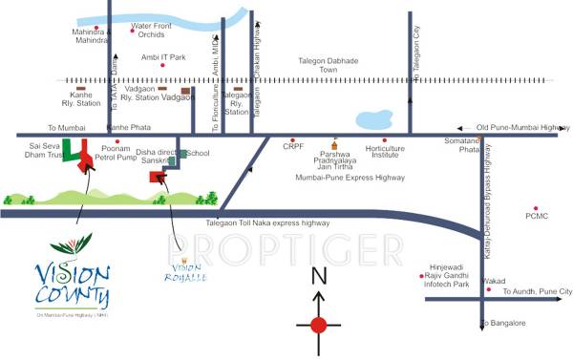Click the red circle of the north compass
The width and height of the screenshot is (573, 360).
(319, 325)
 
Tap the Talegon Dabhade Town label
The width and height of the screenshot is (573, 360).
(329, 64)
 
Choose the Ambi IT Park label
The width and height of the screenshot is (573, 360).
(164, 57)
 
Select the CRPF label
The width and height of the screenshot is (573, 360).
(293, 146)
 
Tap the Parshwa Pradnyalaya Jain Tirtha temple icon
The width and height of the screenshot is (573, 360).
(333, 139)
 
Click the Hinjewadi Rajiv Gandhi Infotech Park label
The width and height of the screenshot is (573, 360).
(449, 277)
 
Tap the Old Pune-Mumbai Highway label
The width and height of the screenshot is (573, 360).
(520, 127)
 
